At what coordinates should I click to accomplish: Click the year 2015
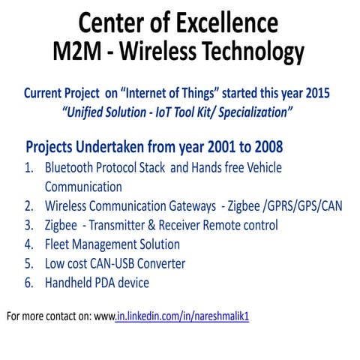point(314,95)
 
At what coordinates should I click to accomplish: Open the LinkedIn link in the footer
point(182,316)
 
